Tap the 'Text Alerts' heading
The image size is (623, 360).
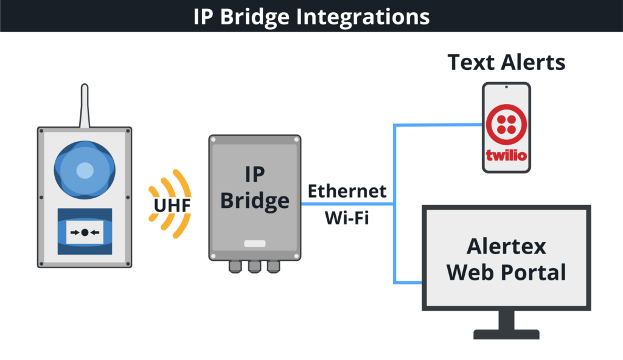click(506, 63)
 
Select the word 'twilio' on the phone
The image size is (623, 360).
click(506, 155)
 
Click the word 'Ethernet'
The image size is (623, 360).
click(347, 191)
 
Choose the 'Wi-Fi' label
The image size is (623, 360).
click(347, 218)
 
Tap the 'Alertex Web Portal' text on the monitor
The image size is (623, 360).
click(506, 258)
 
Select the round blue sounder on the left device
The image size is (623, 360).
click(85, 170)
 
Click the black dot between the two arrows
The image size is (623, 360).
click(85, 232)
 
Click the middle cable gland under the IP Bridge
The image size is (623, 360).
click(255, 266)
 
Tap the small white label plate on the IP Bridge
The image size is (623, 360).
click(255, 243)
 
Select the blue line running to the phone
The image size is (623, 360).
click(438, 125)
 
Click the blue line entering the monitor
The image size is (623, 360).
click(408, 282)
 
